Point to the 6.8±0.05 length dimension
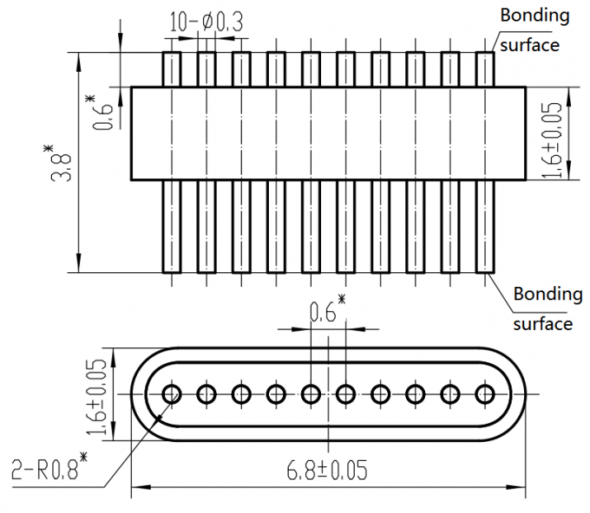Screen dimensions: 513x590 tap(326, 471)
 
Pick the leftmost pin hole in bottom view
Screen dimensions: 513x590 tap(171, 394)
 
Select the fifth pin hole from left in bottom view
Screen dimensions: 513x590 tap(311, 394)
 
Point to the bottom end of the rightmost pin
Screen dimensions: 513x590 tap(484, 269)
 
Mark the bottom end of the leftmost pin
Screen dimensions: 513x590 tap(171, 269)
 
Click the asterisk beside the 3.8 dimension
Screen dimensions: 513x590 tap(49, 153)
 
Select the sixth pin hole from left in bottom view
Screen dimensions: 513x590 tap(345, 394)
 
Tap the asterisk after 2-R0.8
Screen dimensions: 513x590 tap(85, 456)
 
